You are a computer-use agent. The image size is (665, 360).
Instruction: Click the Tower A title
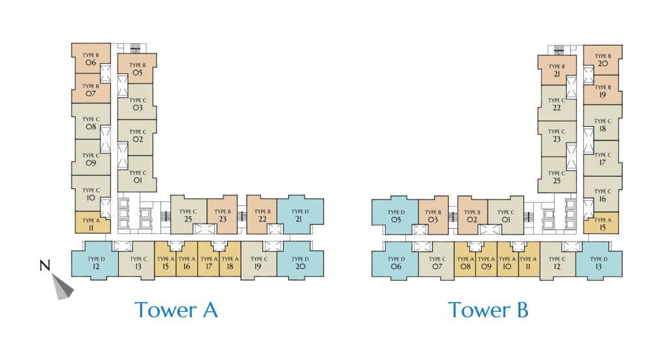[176, 310]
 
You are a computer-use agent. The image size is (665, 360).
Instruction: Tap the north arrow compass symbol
[63, 286]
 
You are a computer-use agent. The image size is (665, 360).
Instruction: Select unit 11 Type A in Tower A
[91, 222]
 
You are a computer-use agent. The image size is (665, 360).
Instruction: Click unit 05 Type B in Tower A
[136, 69]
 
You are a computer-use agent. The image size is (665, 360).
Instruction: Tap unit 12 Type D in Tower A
[95, 263]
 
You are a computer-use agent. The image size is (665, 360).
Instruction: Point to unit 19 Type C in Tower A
[258, 263]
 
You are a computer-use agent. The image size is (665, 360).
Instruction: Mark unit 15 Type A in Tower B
[602, 222]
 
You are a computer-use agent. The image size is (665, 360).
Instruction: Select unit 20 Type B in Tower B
[602, 60]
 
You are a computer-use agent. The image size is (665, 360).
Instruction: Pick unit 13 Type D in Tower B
[599, 263]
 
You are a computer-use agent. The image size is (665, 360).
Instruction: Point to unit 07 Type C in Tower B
[436, 263]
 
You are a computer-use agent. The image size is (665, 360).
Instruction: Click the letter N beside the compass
[45, 266]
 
